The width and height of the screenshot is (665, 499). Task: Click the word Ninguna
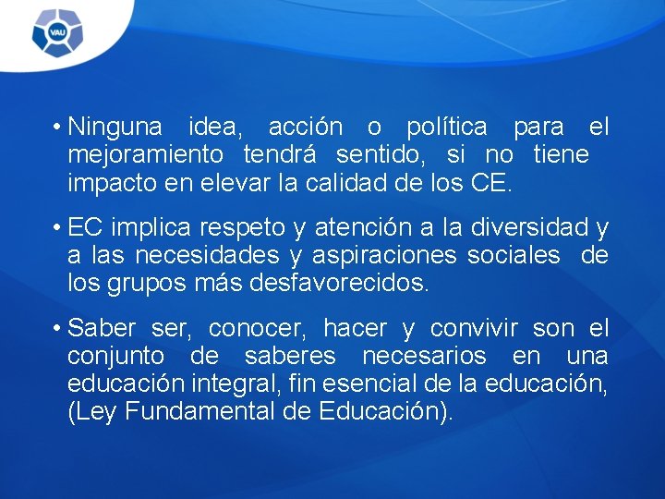[x=115, y=127]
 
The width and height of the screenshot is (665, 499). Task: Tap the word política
[x=447, y=127]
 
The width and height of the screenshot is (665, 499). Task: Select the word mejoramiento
[x=145, y=153]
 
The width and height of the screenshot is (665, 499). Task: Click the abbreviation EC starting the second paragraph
[x=85, y=227]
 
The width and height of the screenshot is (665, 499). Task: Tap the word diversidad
[x=522, y=227]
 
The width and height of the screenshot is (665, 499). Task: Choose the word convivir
[x=476, y=329]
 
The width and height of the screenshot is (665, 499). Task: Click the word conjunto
[x=115, y=357]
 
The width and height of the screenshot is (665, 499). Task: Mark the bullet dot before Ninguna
[x=56, y=127]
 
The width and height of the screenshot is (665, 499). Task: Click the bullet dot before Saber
[x=56, y=329]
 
